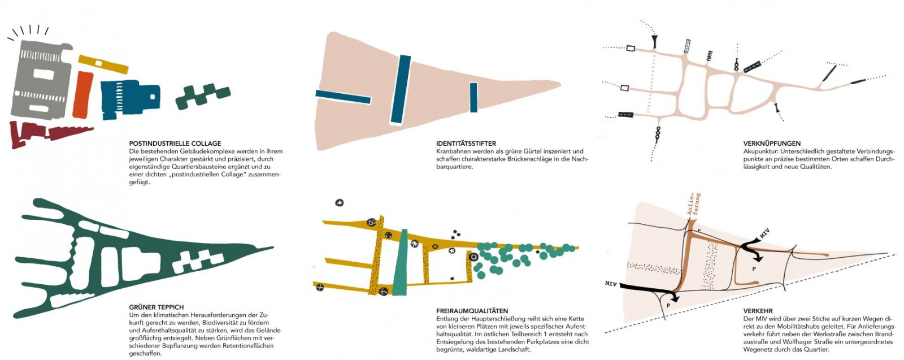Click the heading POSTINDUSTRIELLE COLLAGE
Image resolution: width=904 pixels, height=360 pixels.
point(175,144)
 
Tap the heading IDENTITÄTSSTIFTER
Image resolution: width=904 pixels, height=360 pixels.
point(466,144)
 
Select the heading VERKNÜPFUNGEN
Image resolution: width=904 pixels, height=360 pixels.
point(772,144)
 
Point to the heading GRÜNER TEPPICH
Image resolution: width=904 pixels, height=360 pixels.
point(156,307)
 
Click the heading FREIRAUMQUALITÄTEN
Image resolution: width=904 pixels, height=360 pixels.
point(472,311)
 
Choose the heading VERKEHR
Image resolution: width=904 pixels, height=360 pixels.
point(758,311)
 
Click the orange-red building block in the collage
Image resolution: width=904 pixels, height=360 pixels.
point(83,94)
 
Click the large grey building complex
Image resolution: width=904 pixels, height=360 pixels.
point(40,79)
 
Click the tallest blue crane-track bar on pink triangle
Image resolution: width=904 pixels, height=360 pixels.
point(401,89)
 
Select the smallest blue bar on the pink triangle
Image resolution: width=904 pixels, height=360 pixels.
point(473,97)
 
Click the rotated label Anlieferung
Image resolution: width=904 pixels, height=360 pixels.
point(693,205)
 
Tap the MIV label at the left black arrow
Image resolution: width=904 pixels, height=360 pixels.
point(611,283)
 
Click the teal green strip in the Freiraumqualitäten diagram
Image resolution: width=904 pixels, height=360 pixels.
point(401,263)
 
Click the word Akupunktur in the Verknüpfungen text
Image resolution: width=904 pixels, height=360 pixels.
point(760,151)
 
